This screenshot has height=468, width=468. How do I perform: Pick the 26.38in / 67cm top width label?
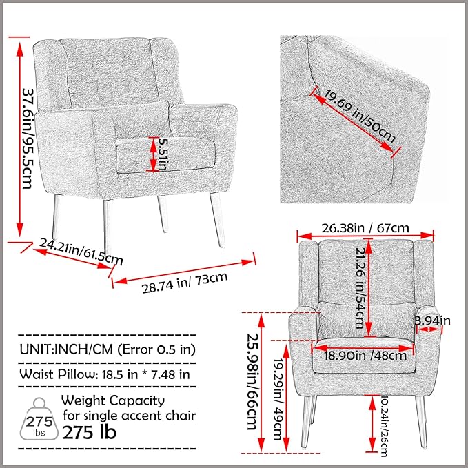coord(365,227)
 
